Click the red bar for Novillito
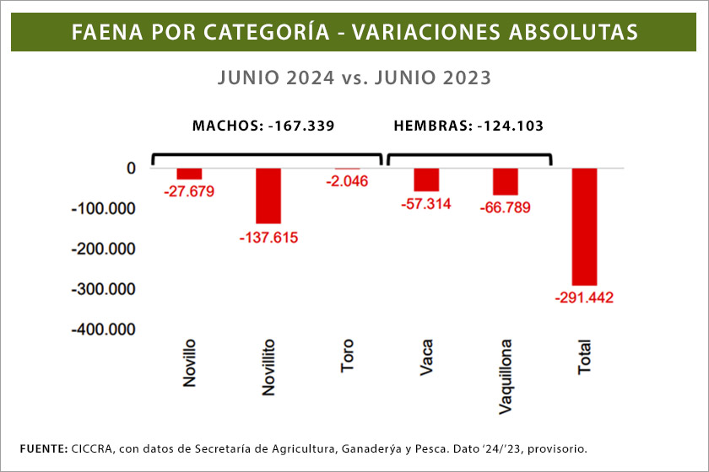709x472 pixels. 268,196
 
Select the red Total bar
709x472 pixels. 584,226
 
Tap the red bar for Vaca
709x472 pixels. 426,180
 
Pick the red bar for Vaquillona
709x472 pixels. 505,181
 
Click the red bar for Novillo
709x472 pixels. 189,174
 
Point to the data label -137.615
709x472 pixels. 269,237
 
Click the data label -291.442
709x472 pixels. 584,298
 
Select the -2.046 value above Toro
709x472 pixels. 348,181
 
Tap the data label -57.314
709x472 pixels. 426,204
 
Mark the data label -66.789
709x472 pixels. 505,207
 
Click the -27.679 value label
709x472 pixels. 189,191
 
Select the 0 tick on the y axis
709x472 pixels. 131,168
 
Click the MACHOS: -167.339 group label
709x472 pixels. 263,126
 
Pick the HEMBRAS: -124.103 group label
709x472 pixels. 468,126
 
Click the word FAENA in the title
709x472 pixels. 103,32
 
